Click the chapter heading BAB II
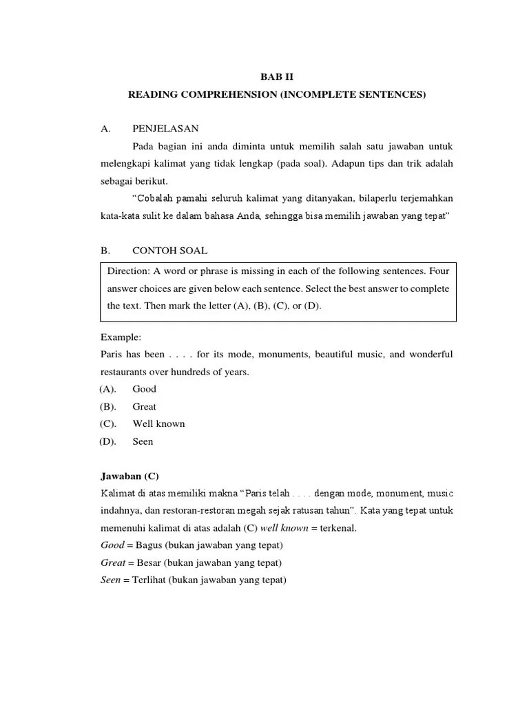(277, 77)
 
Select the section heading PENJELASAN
(165, 129)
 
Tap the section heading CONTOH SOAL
(170, 251)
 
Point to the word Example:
(121, 337)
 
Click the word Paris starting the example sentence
(112, 355)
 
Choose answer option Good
(145, 389)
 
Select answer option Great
(145, 406)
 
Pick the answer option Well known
(159, 423)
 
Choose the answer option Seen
(143, 441)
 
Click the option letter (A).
(108, 389)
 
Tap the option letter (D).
(108, 441)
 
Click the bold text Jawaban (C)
(129, 476)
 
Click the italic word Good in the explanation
(112, 546)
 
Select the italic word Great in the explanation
(112, 563)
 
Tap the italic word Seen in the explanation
(110, 580)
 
